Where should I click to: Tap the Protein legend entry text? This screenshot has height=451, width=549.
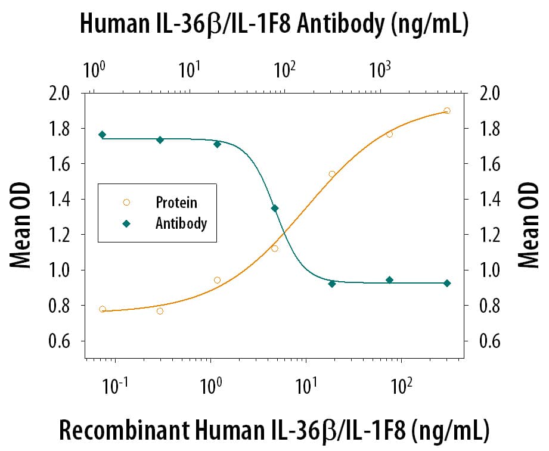[176, 203]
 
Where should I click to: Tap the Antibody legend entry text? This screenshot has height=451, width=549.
[181, 223]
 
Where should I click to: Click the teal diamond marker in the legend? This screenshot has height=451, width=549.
[126, 223]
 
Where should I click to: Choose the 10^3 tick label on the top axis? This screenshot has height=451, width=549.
[380, 71]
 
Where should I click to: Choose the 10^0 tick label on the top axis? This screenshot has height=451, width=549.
[94, 71]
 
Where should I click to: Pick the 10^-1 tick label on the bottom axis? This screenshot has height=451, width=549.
[114, 390]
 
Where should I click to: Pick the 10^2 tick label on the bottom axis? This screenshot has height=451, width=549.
[401, 390]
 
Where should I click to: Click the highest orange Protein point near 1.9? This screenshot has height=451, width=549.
[447, 111]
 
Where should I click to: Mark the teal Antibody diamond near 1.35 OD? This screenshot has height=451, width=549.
[275, 208]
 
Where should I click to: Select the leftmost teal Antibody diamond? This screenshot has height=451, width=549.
[103, 135]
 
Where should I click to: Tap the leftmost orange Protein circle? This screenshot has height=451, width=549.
[103, 309]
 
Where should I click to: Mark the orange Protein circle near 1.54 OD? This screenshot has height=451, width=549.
[332, 174]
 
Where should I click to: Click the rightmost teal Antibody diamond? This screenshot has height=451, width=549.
[447, 283]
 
